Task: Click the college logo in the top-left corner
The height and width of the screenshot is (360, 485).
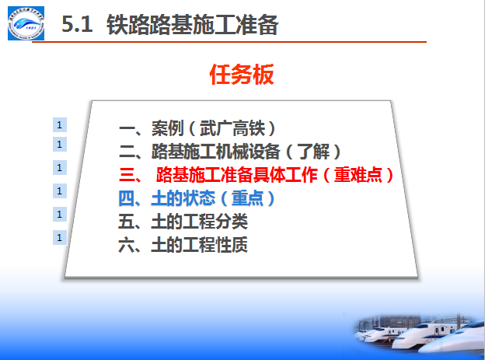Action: [26, 23]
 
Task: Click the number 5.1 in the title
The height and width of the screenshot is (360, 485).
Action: [77, 24]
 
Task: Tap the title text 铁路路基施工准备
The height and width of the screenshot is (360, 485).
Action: [193, 25]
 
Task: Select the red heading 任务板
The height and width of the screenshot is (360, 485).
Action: [242, 75]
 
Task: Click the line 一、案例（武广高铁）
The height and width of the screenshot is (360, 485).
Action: [197, 128]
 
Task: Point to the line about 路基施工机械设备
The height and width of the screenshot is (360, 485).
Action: [229, 152]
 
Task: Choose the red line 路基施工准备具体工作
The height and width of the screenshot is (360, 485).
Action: [256, 175]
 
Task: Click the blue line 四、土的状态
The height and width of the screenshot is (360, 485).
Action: [197, 198]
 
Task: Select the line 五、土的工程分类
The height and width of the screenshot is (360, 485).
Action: [183, 222]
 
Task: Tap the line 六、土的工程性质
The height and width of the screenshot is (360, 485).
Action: [183, 245]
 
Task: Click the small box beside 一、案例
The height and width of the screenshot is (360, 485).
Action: [60, 125]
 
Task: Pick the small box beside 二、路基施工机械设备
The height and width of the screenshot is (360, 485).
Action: [60, 145]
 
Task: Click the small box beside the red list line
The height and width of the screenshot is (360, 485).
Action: [60, 168]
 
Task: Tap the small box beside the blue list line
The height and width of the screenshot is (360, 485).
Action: [60, 191]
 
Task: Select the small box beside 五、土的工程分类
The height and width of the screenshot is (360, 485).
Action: [60, 214]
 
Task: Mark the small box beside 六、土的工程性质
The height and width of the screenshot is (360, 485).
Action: [60, 238]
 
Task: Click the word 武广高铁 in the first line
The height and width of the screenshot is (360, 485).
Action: [232, 128]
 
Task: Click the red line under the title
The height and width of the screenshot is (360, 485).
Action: [229, 42]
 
